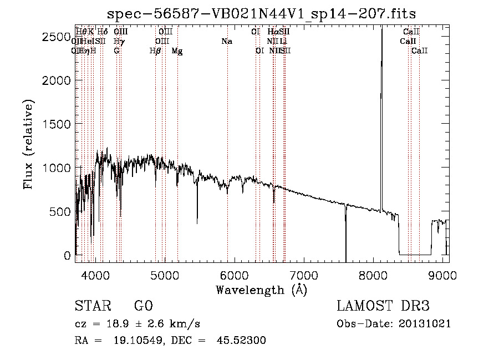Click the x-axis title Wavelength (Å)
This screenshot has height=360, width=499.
[261, 290]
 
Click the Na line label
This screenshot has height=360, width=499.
[226, 42]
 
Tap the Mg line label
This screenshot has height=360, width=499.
[177, 51]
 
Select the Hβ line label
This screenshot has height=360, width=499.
[155, 51]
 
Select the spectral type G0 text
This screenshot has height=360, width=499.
[143, 306]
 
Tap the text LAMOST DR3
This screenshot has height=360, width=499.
[383, 306]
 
